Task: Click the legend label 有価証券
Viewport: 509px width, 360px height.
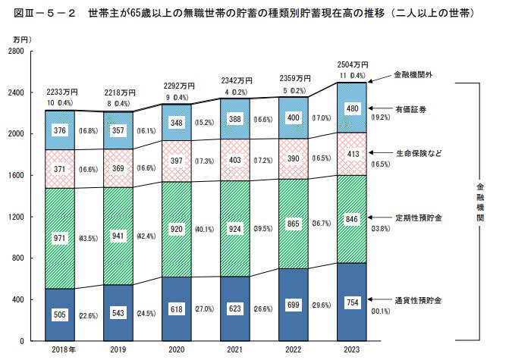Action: click(410, 110)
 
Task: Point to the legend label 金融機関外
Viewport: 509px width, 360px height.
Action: click(413, 76)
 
